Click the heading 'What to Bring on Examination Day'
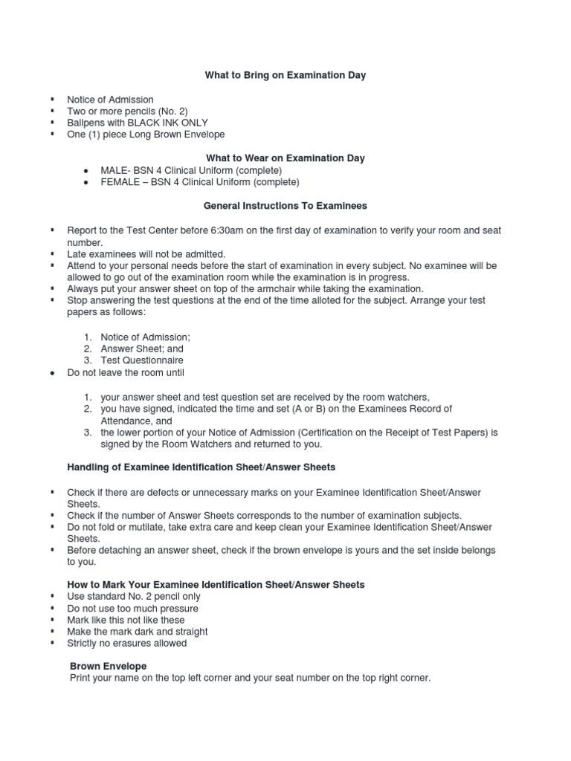[285, 76]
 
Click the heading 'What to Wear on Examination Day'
[285, 158]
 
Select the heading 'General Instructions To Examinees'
[285, 205]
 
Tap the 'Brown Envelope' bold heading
[108, 666]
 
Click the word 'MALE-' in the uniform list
[115, 170]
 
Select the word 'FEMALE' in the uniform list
[121, 182]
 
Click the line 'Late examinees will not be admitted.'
[146, 254]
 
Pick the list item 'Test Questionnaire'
[142, 360]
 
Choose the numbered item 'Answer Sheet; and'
[142, 349]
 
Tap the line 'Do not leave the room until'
[125, 372]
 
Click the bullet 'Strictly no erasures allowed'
[126, 644]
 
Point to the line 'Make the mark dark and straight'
[137, 632]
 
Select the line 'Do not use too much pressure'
[132, 608]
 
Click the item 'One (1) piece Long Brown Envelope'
[145, 135]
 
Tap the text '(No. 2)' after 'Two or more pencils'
[176, 111]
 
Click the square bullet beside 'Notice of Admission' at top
[53, 99]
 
